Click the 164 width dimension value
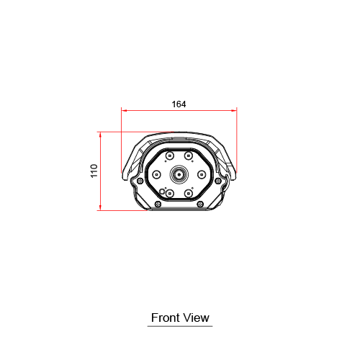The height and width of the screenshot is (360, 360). pos(179,104)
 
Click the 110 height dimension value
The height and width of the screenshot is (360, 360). pos(94,171)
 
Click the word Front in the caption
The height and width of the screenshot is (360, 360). pos(166,318)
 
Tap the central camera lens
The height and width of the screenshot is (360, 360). pos(179,174)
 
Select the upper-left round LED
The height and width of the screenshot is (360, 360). pos(170,156)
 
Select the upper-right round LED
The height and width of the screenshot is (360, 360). pos(189,156)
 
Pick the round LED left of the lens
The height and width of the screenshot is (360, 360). pos(156,174)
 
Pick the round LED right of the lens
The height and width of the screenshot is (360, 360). pos(202,174)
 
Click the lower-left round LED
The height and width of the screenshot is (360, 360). pos(170,193)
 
